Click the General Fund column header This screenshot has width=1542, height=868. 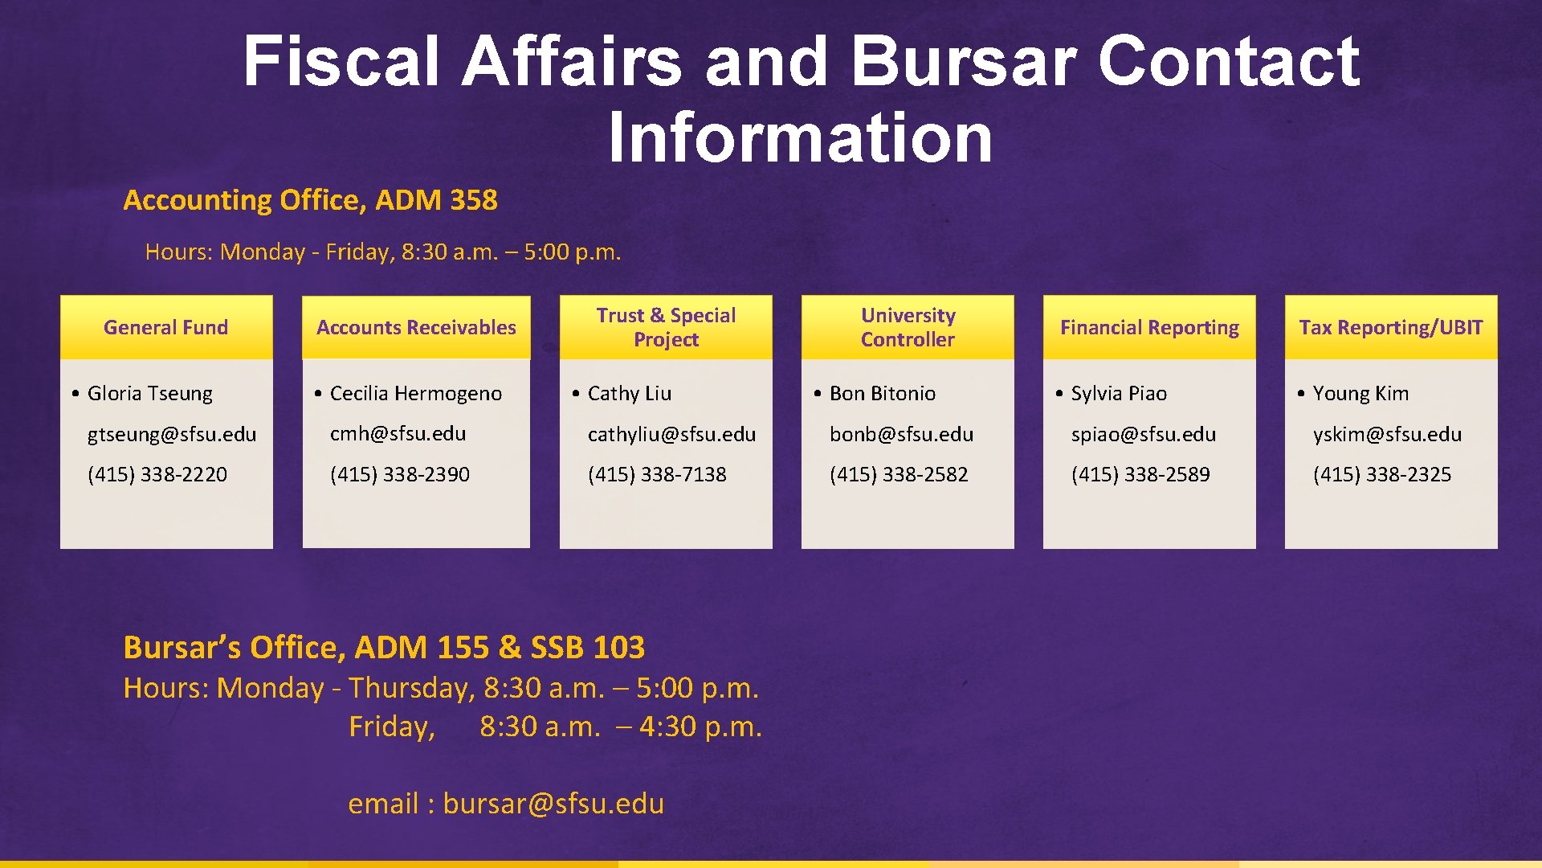(x=165, y=327)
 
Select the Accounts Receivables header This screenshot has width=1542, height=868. (x=416, y=327)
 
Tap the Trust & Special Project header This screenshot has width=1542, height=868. (x=666, y=327)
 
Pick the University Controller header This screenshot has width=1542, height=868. (x=908, y=327)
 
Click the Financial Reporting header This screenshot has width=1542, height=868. (x=1149, y=327)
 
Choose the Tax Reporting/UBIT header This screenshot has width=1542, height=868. (x=1391, y=327)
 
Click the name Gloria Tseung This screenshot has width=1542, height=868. (x=149, y=393)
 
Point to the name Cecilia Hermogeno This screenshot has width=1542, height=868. (x=415, y=393)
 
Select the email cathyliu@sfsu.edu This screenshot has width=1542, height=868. (x=671, y=434)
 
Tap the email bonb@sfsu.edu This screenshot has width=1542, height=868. (x=901, y=434)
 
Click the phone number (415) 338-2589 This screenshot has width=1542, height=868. (x=1140, y=474)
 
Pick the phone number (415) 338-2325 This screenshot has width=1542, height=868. (x=1382, y=474)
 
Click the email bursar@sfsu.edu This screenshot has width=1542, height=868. (x=553, y=803)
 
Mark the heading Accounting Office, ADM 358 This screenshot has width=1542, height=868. (x=310, y=199)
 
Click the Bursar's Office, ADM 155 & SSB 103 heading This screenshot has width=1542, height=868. (x=384, y=647)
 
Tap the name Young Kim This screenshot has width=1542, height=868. (x=1360, y=393)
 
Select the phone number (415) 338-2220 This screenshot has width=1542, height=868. (x=157, y=474)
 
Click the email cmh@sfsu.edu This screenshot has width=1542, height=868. (x=398, y=433)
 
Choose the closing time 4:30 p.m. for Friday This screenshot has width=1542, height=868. (x=700, y=727)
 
